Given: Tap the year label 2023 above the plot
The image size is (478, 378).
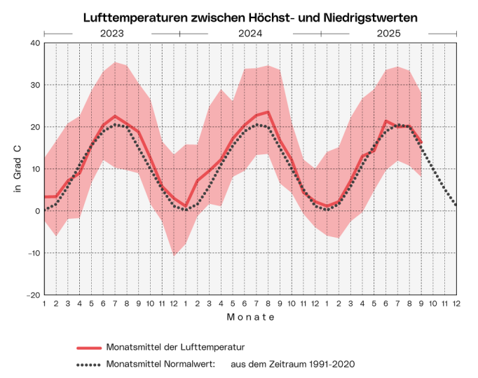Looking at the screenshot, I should click(x=112, y=33).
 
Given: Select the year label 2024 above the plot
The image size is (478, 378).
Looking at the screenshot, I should click(x=250, y=33).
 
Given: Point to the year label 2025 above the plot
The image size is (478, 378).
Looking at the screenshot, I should click(x=389, y=33).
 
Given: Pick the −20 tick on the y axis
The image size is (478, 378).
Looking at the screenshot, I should click(x=32, y=295).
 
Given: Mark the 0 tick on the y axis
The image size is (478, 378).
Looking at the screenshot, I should click(x=36, y=211).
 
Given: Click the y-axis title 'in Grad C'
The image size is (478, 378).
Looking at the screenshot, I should click(x=19, y=169).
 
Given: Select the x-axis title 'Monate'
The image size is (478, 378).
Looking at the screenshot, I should click(x=250, y=317).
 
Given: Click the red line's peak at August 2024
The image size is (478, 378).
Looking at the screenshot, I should click(x=268, y=112).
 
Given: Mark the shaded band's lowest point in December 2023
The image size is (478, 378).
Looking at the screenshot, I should click(x=174, y=255).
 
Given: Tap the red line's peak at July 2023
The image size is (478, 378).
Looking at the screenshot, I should click(x=115, y=116).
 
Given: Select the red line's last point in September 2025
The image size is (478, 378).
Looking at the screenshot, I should click(x=421, y=142).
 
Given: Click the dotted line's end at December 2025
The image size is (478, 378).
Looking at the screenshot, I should click(x=456, y=204).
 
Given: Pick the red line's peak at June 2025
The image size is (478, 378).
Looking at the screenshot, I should click(x=386, y=121).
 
